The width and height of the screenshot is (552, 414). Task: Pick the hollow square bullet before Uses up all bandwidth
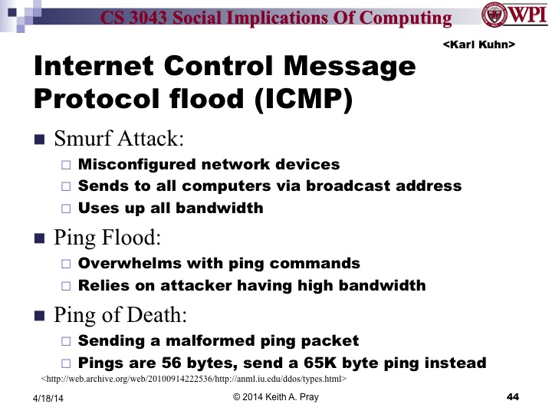(x=65, y=208)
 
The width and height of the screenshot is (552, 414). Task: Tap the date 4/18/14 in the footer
(x=48, y=398)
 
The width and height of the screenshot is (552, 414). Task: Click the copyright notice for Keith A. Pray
(x=275, y=397)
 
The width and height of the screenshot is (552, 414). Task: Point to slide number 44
(x=514, y=396)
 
